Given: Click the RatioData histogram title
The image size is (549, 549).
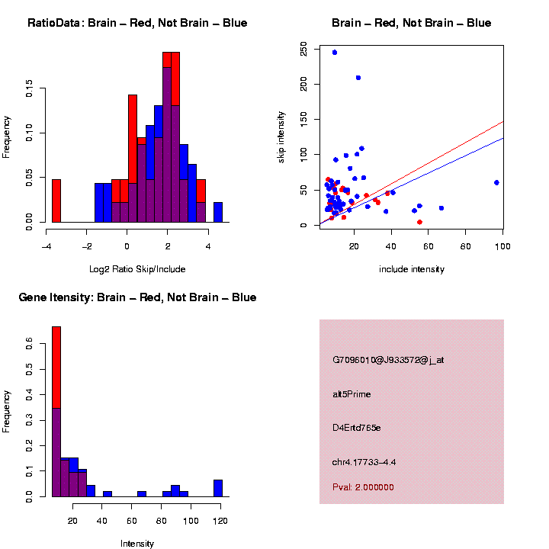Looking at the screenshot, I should click(137, 23).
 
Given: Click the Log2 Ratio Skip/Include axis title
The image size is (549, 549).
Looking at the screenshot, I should click(137, 269).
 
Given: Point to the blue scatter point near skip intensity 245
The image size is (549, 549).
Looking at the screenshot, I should click(334, 52).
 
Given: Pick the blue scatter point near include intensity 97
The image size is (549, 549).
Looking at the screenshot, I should click(496, 182).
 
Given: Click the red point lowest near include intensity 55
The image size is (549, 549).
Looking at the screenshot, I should click(419, 222).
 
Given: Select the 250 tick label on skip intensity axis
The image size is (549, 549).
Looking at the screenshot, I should click(304, 50).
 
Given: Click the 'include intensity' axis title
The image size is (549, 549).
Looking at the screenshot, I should click(412, 269).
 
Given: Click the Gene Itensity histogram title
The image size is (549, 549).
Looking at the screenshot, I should click(137, 297).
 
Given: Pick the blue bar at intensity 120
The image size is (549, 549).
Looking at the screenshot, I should click(218, 488).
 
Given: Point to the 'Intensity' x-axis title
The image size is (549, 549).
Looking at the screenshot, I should click(137, 544).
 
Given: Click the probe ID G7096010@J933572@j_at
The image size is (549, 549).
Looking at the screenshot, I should click(388, 360).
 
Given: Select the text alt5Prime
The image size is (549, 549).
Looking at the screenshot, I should click(352, 394).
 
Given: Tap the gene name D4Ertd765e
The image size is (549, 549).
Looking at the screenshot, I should click(356, 428).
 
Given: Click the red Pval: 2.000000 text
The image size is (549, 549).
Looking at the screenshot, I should click(363, 487).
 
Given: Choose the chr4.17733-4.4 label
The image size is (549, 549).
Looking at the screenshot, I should click(364, 462).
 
